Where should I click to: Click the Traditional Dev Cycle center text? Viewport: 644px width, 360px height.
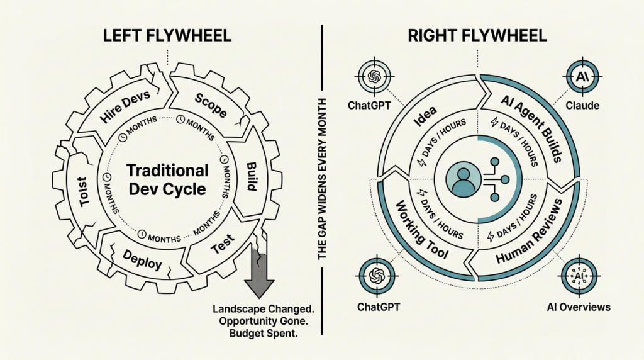point(167,179)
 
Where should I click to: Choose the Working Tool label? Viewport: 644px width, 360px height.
point(421,232)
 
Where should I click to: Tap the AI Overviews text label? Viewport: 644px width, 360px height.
point(579,307)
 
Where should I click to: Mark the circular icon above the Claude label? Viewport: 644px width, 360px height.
point(581,77)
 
